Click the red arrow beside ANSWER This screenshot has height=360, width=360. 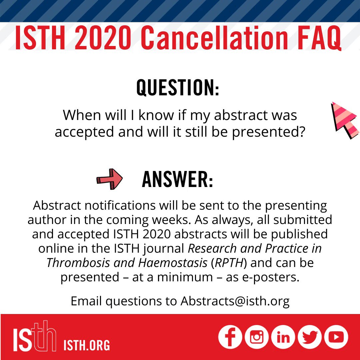coord(110,179)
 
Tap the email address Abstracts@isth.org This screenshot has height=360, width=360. coord(235,301)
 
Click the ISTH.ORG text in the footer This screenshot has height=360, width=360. coord(87,345)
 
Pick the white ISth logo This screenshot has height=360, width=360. coord(34,336)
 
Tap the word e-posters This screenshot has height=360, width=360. coord(271,277)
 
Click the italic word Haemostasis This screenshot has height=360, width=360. coord(172,263)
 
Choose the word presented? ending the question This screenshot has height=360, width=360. coord(268,132)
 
